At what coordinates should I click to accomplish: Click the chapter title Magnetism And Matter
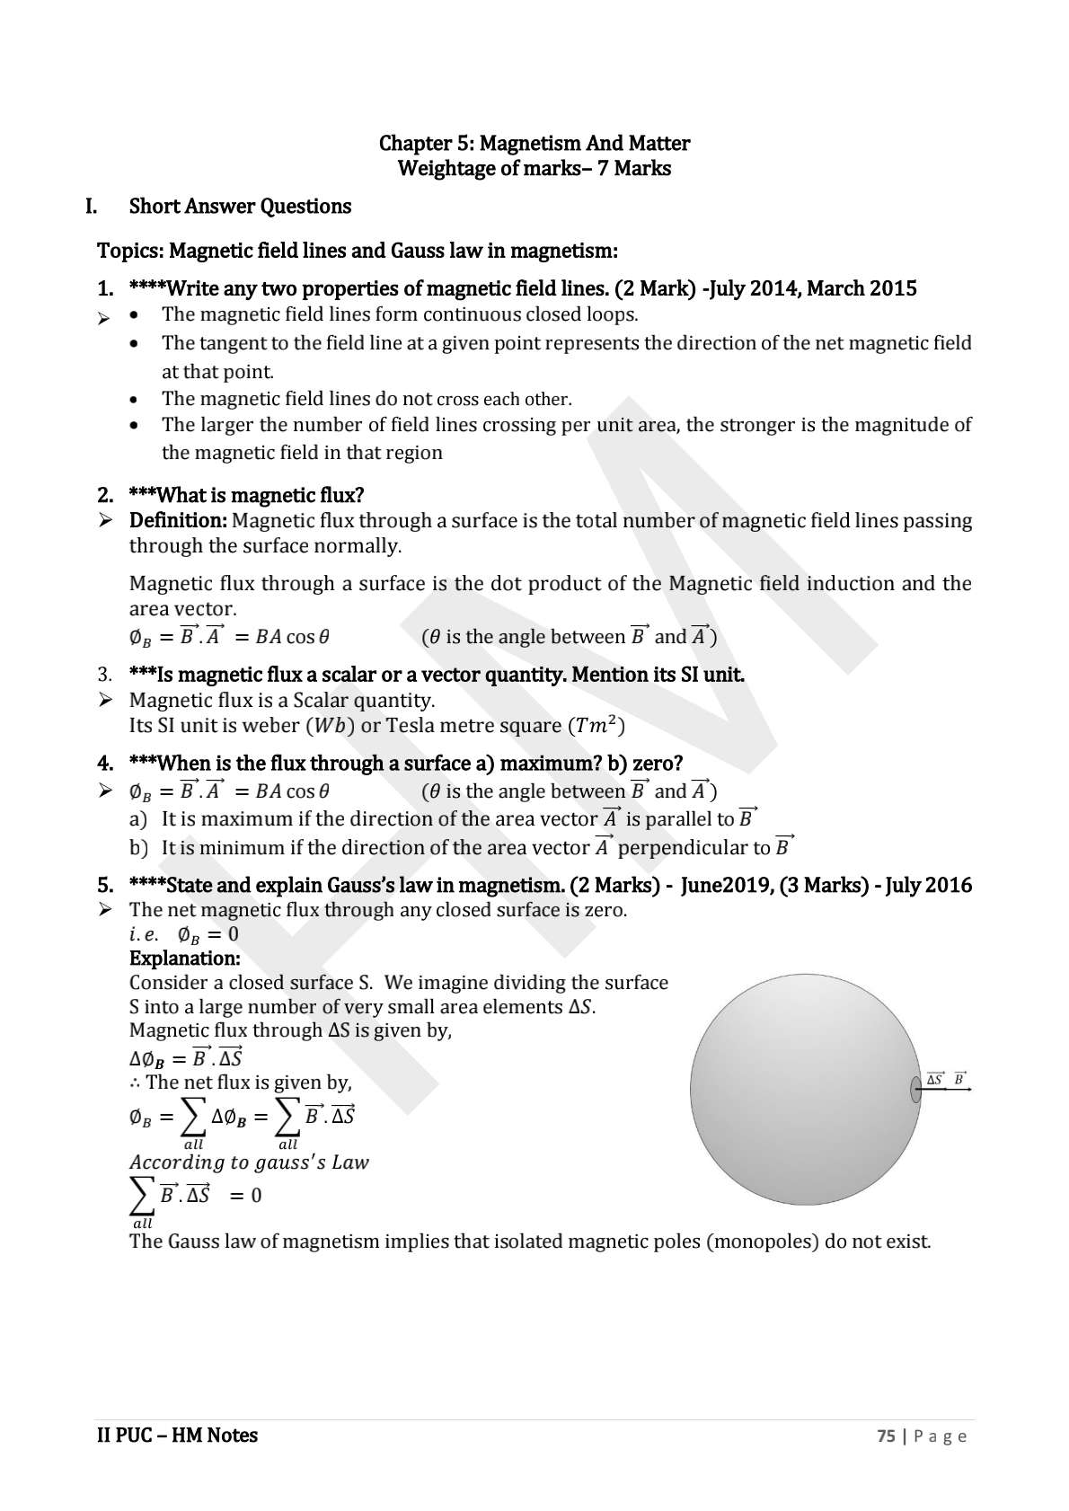click(534, 143)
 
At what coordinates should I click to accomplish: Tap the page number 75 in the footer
click(885, 1436)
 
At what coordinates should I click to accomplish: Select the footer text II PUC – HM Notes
click(177, 1435)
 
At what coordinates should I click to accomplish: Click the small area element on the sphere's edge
click(915, 1089)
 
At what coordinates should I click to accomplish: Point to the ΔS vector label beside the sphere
click(935, 1078)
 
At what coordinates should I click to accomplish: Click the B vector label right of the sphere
click(959, 1078)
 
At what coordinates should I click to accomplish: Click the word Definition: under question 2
click(178, 520)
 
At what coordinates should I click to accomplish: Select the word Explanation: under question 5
click(184, 958)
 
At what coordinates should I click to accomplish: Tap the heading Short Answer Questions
click(240, 206)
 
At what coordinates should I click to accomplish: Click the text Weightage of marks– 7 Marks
click(534, 168)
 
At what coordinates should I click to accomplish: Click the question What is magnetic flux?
click(247, 495)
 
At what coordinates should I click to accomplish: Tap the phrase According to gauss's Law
click(249, 1162)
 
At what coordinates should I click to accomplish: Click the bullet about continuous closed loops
click(400, 314)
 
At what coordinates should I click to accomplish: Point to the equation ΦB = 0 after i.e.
click(208, 934)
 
